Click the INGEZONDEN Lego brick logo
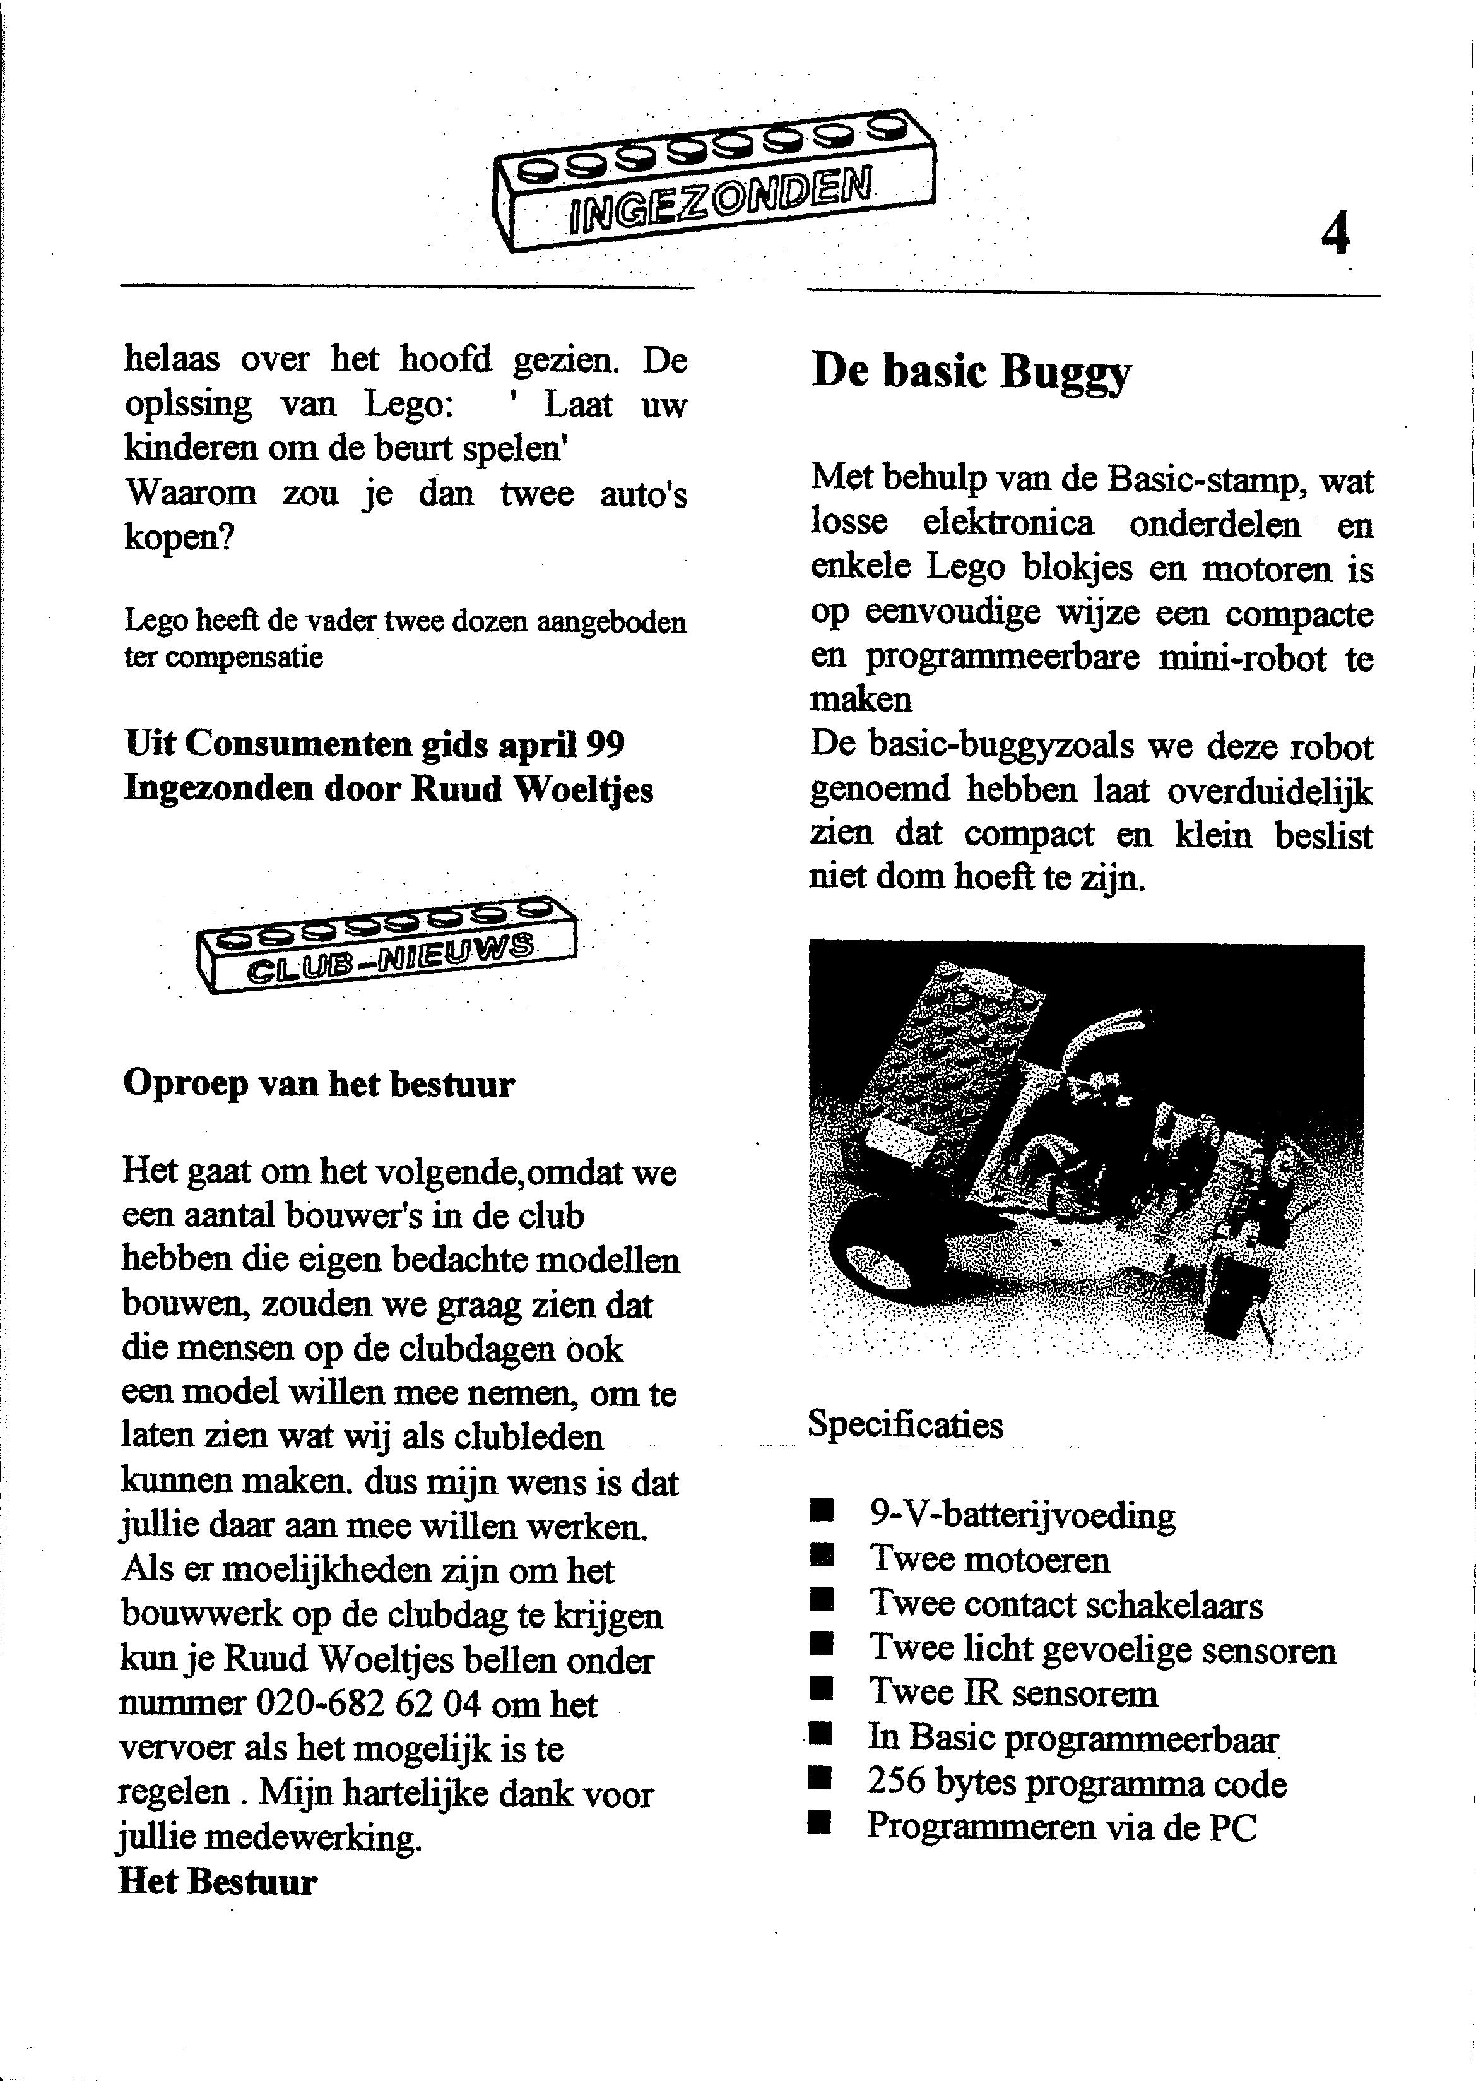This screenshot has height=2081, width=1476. coord(714,182)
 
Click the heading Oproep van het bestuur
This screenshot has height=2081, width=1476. coord(318,1083)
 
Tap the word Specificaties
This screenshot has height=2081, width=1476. coord(906,1424)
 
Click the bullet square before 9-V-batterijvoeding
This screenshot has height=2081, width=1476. coord(822,1513)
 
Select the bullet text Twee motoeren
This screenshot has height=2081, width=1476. coord(989,1559)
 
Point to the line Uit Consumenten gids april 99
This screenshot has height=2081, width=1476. coord(374,744)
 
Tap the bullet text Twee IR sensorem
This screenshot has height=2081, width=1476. coord(1013,1693)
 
